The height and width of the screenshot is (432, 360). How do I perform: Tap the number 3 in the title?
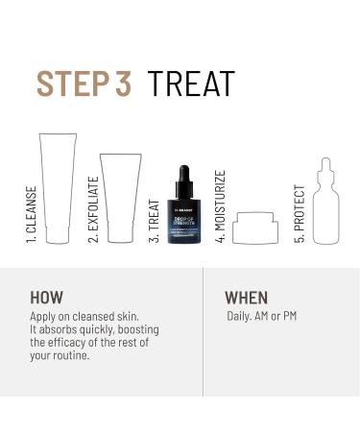(x=124, y=84)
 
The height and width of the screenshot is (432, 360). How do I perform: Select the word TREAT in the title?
(x=191, y=84)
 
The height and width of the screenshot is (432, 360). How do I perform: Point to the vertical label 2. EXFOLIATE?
(x=93, y=208)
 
